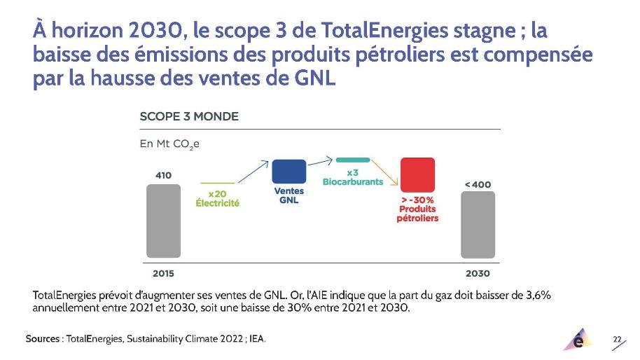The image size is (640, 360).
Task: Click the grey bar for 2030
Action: (x=478, y=224)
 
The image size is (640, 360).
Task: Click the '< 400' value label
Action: (x=478, y=184)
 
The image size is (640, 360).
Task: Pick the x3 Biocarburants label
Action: (x=353, y=177)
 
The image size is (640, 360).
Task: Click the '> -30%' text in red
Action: (x=417, y=200)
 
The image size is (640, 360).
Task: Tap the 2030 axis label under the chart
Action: (x=478, y=273)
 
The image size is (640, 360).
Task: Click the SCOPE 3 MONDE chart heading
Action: (x=189, y=116)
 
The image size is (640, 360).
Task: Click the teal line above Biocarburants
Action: (x=353, y=160)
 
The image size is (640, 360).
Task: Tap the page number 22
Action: (x=617, y=339)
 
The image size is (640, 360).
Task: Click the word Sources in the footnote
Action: (x=43, y=339)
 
